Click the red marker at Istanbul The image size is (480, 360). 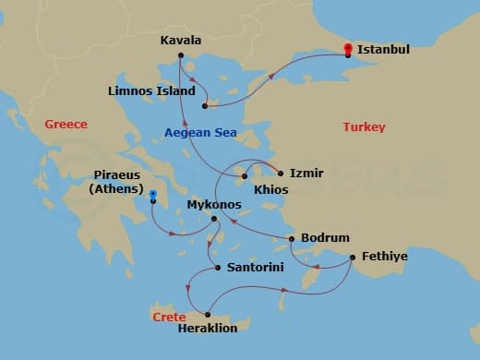point(348,48)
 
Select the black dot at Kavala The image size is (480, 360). point(181,56)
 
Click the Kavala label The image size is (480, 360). point(181,41)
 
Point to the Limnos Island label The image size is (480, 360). point(152,91)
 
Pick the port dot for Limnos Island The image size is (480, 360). point(204,106)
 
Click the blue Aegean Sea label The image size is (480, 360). point(200,133)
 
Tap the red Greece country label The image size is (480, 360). point(66,124)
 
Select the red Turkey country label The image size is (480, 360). point(364,126)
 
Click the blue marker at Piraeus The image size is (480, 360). point(153,195)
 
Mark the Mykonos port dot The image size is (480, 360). point(214,219)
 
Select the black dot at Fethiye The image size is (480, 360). point(351,258)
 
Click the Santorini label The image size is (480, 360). point(249,268)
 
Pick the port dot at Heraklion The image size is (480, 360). point(207,315)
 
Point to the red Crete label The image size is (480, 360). point(169,317)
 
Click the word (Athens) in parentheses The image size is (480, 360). point(116,189)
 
